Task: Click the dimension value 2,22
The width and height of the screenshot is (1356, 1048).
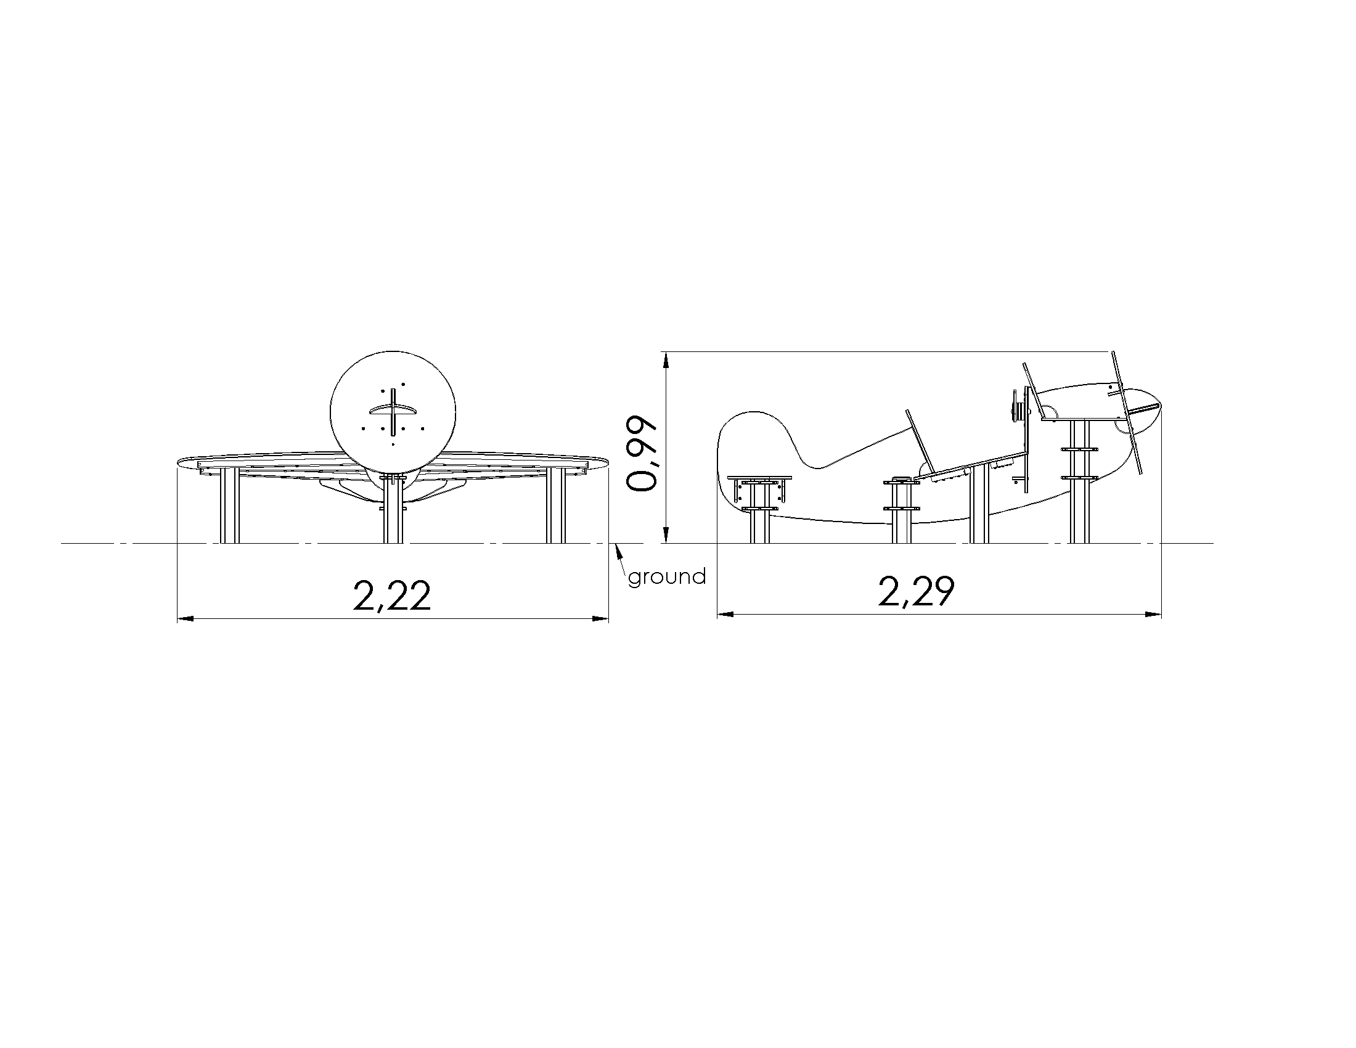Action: [392, 596]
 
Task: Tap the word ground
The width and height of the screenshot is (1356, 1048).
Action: [668, 578]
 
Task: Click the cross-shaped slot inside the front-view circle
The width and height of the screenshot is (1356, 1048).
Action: [393, 412]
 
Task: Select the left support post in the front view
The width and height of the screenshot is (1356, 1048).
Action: [229, 506]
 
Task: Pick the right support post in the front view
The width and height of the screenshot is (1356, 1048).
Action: [557, 506]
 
